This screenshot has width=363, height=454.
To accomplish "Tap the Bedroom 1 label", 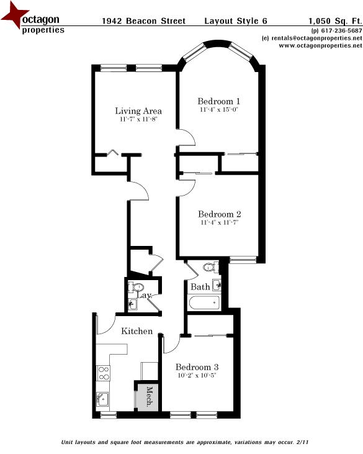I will [218, 101].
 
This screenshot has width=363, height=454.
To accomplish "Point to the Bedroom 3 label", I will [195, 366].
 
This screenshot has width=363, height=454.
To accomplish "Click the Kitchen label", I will [137, 331].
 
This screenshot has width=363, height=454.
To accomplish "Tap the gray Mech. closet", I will [146, 397].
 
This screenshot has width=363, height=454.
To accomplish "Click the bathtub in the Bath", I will [205, 303].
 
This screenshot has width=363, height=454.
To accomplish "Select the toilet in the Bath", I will [210, 268].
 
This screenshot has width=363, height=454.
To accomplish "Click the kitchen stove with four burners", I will [104, 374].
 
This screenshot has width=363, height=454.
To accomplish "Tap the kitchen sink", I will [103, 399].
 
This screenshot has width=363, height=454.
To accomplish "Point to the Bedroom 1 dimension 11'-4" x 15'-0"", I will [218, 109].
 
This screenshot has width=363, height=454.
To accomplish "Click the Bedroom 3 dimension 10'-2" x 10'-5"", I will [195, 375].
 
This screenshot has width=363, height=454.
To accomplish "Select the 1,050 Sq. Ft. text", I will [335, 20].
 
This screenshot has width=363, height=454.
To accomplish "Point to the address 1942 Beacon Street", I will [143, 20].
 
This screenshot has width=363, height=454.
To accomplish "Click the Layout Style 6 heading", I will [236, 20].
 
